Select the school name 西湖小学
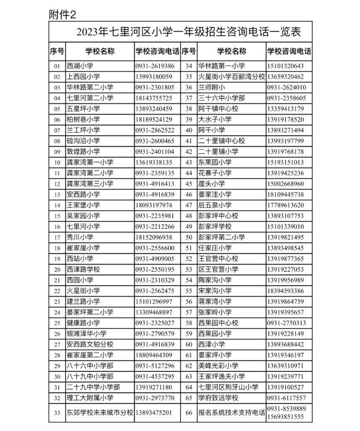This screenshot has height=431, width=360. coord(80,66)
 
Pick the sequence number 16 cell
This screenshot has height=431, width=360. coord(57,226)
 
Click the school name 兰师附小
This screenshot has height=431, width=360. coord(212,87)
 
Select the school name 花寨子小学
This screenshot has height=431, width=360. coord(215,173)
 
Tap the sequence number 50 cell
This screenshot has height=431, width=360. coord(188,237)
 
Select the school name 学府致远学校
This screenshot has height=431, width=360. coord(218,398)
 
